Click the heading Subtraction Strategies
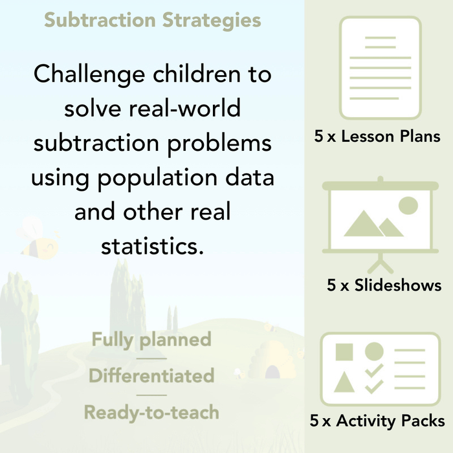point(153,19)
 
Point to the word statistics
point(153,246)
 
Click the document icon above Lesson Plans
point(380,68)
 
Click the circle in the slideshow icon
point(408,206)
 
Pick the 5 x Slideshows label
point(384,285)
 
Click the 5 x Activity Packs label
point(377,421)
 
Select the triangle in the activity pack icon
point(344,382)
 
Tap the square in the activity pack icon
point(344,353)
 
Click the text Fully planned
point(151,339)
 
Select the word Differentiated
point(151,375)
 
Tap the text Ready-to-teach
point(151,412)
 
